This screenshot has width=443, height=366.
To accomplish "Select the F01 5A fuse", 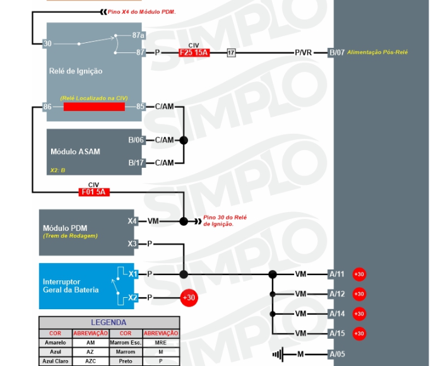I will pos(93,192).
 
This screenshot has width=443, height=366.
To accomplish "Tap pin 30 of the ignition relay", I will pos(47,44).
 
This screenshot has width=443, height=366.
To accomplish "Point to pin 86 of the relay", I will pos(47,107).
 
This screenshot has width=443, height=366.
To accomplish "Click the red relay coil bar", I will pos(94,107).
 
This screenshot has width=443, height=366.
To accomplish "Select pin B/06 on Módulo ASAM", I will pos(136,140).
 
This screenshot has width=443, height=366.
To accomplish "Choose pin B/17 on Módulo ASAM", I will pos(136,163).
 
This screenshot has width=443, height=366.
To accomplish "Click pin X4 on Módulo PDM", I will pos(132,221).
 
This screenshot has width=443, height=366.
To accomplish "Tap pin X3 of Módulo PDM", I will pos(132,244).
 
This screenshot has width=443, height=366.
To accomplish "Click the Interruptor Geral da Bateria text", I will pos(71,285).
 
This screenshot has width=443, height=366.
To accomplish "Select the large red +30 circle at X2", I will pos(189,297).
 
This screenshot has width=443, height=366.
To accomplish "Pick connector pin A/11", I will pos(336,274).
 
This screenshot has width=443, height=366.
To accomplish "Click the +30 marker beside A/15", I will pos(358,333).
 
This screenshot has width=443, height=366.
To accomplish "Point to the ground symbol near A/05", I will pos(277,354).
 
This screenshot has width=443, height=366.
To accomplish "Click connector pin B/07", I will pos(336,53).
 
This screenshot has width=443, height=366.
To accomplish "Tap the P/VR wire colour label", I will pos(303,53).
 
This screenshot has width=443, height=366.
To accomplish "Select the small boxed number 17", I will pos(232,53).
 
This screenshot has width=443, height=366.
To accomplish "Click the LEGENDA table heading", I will pos(109,322).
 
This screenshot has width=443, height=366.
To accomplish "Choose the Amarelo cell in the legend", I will pos(56,343).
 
